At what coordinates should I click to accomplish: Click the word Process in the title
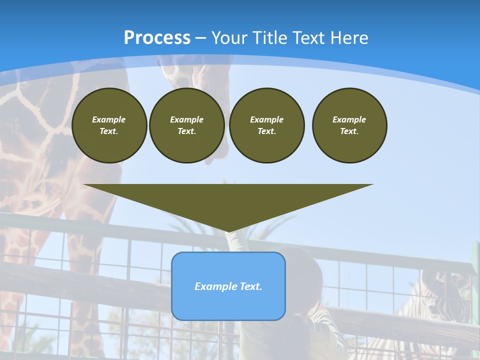[157, 37]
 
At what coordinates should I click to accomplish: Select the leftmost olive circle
[109, 125]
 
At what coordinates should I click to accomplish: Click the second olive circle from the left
[187, 125]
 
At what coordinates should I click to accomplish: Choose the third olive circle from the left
[267, 125]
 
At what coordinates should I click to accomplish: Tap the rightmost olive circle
[349, 125]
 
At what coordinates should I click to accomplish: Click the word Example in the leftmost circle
[109, 119]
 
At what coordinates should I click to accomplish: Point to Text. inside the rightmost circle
[349, 131]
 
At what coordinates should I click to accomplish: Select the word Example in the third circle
[266, 119]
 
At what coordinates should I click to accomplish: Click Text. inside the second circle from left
[187, 131]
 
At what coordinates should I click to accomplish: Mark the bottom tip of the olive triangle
[228, 231]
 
